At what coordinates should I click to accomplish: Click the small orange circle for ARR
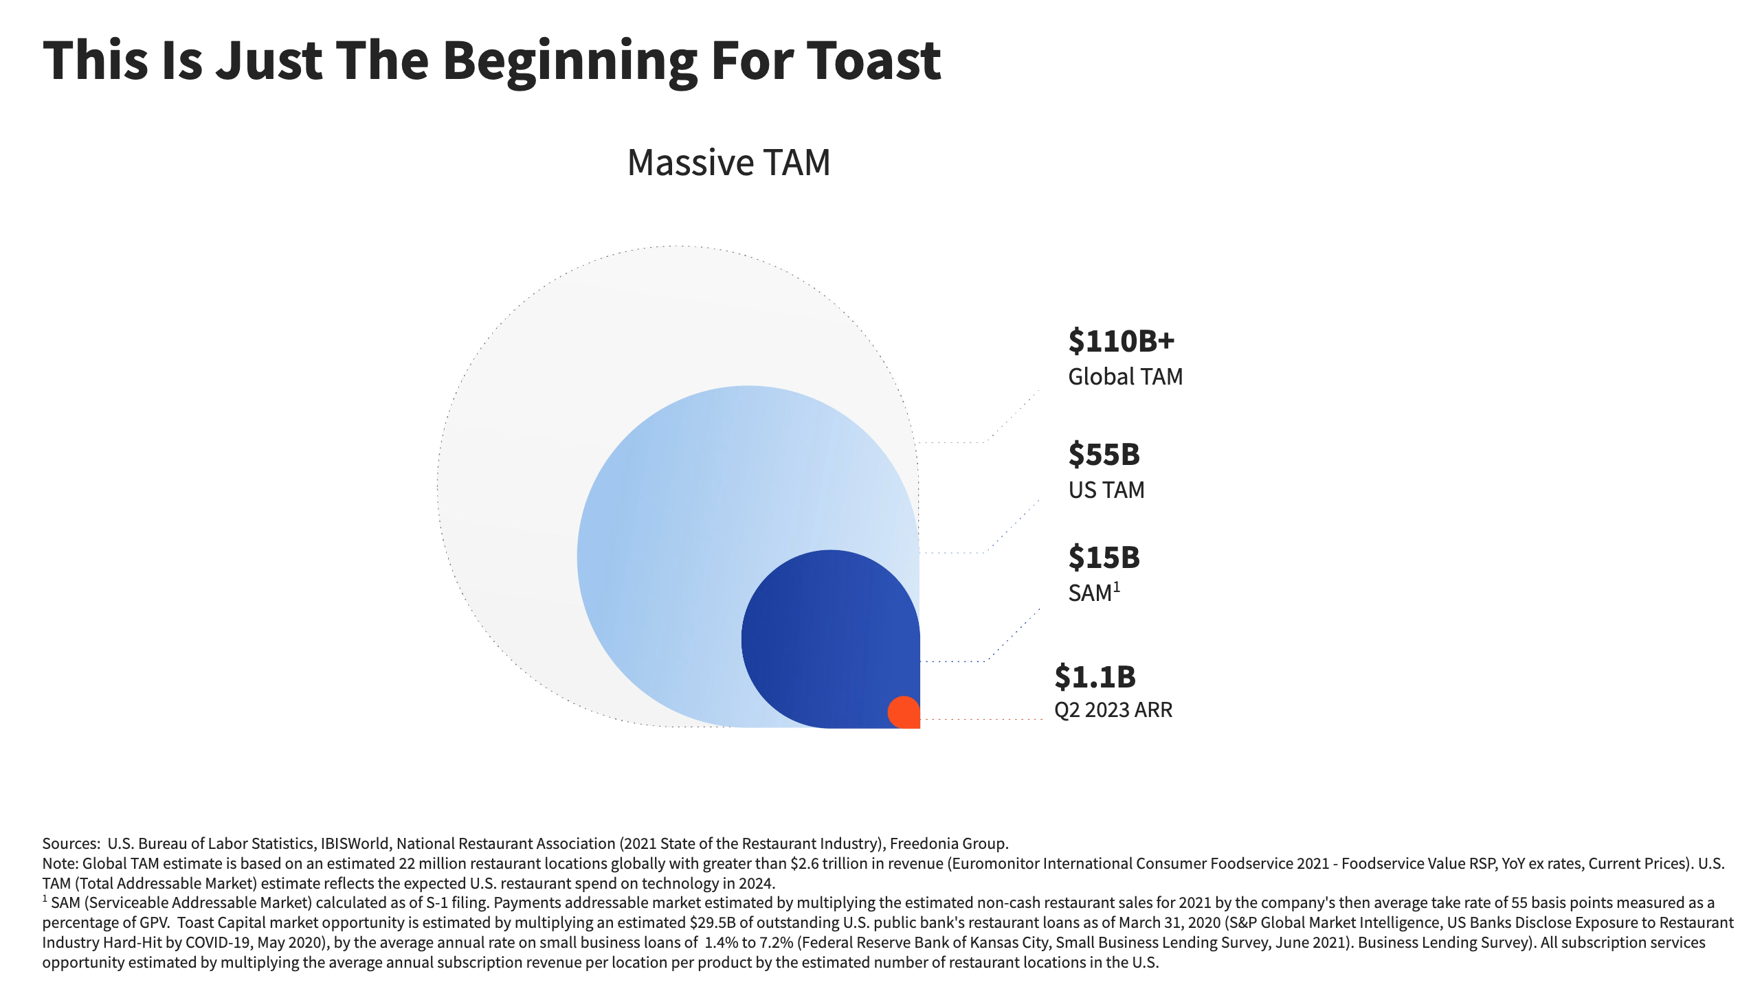(x=904, y=712)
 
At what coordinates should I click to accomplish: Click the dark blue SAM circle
(x=825, y=632)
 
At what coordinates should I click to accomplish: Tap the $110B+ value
(x=1121, y=341)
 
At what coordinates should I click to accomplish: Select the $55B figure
(x=1104, y=455)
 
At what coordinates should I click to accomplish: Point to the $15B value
(x=1104, y=558)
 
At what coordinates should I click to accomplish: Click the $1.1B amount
(x=1095, y=677)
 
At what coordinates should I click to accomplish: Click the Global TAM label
(x=1125, y=377)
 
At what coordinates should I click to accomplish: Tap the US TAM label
(x=1106, y=490)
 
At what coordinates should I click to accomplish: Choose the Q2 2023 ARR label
(x=1113, y=710)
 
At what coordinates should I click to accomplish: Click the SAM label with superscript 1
(x=1093, y=593)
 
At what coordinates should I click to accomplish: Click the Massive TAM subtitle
(x=728, y=163)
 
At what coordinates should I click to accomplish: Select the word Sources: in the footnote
(x=71, y=844)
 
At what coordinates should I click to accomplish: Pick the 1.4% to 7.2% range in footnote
(x=748, y=943)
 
